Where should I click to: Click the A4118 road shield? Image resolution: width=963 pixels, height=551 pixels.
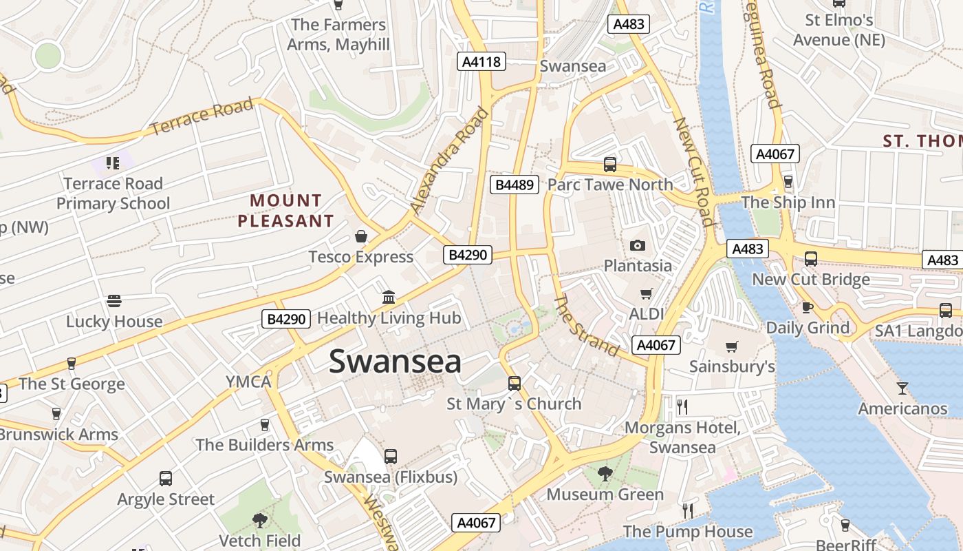point(481,61)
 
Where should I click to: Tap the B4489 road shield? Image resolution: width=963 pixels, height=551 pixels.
point(515,185)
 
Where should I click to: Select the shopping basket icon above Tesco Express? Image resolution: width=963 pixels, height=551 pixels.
point(361,237)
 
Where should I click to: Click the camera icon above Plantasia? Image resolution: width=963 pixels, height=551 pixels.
point(638,245)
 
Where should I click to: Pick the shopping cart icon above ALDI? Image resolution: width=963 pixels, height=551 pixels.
point(646,294)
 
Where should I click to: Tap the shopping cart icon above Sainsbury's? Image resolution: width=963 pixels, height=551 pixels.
point(731,346)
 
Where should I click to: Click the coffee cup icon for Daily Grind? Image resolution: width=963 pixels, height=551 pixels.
point(808,307)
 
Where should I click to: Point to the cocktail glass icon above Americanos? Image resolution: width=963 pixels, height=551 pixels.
point(902,388)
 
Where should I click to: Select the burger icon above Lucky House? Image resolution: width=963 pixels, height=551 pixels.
point(114,301)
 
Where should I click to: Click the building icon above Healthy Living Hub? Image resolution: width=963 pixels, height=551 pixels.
point(389,298)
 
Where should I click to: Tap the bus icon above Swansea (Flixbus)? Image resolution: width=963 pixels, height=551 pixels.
point(391,456)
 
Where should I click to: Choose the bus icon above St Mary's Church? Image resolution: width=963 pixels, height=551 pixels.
point(514,384)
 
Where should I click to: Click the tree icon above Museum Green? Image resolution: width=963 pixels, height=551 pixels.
point(605,474)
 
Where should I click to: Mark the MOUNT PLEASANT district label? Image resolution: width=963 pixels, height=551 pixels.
point(285,211)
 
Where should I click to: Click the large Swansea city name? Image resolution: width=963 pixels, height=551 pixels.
point(395,362)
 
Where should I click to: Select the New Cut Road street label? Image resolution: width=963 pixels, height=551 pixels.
point(693,171)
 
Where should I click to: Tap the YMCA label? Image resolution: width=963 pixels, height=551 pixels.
point(248,382)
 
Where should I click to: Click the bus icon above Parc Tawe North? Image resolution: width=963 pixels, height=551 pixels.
point(610,165)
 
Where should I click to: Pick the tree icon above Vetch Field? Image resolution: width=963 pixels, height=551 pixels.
point(260,520)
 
